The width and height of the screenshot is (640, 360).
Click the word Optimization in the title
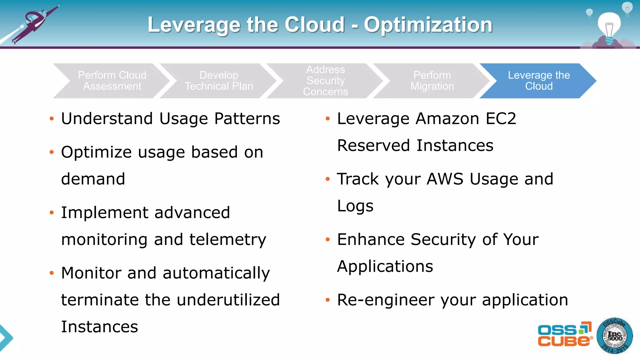428,25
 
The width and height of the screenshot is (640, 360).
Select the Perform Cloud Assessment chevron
112,81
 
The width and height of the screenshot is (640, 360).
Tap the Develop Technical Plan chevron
219,81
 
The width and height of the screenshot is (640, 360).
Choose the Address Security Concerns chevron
325,81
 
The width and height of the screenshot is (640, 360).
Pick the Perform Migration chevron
432,81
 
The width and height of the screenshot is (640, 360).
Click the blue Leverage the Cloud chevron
538,81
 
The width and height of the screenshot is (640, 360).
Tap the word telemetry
228,240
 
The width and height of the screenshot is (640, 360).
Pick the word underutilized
228,300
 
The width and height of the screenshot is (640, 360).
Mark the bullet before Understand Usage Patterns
52,119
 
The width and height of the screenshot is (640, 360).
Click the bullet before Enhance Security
327,240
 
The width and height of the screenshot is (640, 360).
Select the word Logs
355,206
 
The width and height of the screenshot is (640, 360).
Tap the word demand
93,179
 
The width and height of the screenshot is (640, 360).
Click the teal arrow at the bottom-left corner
6,337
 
